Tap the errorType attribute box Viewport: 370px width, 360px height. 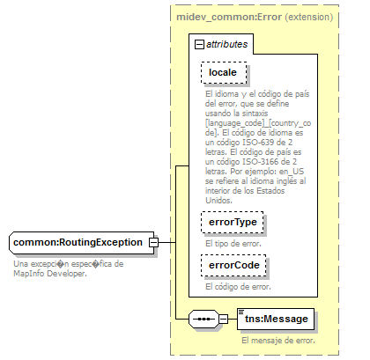coord(232,224)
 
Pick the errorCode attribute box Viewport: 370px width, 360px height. coord(233,264)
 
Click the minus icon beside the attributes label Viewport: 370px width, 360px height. coord(199,42)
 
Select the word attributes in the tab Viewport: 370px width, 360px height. coord(227,42)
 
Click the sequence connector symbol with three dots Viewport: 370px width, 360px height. coord(203,320)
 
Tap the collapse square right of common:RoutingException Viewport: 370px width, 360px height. coord(153,241)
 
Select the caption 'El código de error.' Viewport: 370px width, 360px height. coord(236,285)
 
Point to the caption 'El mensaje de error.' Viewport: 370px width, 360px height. coord(277,340)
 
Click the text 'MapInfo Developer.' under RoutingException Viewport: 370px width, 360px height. coord(49,273)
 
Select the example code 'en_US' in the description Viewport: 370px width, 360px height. coord(306,173)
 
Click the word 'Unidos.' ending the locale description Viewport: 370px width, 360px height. coord(218,200)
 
